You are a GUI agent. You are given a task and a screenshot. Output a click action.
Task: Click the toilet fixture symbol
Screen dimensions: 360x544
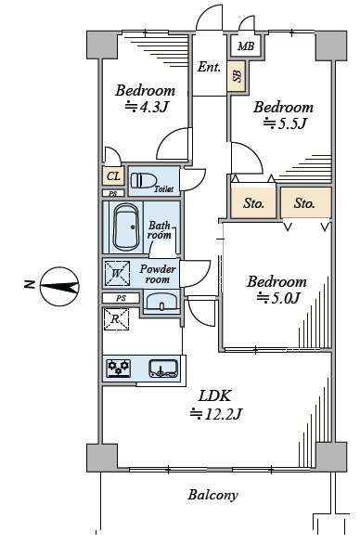coord(142,180)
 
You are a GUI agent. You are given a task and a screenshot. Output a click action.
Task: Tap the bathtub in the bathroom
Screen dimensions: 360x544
coord(125,227)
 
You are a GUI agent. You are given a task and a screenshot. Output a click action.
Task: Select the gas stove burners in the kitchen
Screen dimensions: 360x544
coord(119,369)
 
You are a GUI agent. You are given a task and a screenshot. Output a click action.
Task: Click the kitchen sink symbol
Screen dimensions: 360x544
coord(163,369)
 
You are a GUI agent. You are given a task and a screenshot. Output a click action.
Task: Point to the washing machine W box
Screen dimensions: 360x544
coord(117,274)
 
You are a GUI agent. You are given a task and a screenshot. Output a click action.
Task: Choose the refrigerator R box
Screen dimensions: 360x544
coord(116,319)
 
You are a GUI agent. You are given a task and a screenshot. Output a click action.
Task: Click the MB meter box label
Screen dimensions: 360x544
coord(246,45)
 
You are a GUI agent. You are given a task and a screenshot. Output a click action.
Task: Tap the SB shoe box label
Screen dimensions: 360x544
coord(237,76)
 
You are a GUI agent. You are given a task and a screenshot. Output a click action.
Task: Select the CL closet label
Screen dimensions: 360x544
coord(113,176)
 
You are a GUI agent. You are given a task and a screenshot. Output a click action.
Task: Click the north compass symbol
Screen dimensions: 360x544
coord(59,286)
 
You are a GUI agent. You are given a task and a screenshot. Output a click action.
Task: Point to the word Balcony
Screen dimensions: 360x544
coord(213,495)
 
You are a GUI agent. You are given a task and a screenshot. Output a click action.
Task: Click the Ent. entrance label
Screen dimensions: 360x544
coord(209,67)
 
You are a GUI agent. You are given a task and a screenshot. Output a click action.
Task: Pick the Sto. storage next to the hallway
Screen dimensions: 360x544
coord(253,203)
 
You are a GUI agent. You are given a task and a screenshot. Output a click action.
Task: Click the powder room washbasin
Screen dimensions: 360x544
coord(161,302)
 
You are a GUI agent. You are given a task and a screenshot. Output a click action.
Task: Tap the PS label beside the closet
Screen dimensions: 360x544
coord(113,194)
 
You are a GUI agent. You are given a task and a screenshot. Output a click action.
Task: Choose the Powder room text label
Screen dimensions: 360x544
coord(158,274)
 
